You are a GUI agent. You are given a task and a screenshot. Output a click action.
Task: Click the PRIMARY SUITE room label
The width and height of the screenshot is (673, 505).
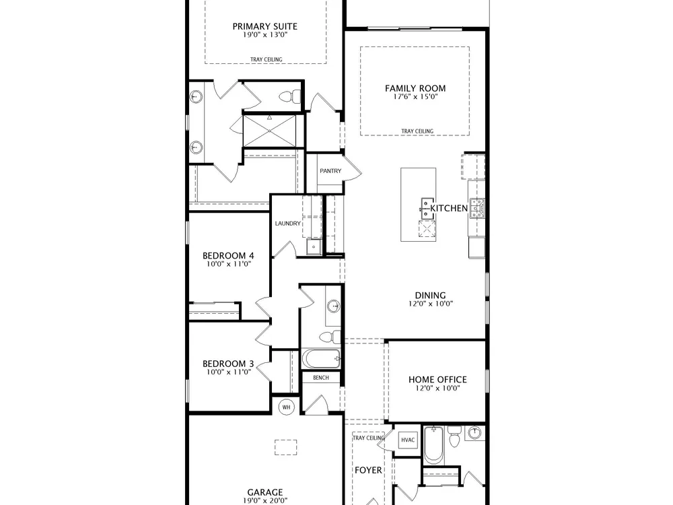(x=264, y=26)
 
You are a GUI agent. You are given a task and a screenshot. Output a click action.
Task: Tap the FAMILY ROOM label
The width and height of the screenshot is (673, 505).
(x=415, y=88)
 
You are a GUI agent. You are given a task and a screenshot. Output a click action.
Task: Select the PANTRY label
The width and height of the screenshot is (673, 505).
(x=330, y=171)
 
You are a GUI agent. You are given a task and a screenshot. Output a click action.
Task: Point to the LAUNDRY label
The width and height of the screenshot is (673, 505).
(x=287, y=224)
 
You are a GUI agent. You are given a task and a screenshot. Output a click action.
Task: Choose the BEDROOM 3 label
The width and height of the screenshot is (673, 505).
(x=228, y=364)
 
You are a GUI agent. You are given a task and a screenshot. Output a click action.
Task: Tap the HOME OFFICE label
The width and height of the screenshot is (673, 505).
(x=437, y=380)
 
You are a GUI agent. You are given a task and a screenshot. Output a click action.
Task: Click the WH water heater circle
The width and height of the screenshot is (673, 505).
(x=286, y=407)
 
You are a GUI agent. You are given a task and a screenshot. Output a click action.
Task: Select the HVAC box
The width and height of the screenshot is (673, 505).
(x=408, y=440)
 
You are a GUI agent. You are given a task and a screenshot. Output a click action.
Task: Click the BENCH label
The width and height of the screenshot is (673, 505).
(x=321, y=378)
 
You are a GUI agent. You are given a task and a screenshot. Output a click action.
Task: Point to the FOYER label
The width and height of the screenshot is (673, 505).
(x=368, y=471)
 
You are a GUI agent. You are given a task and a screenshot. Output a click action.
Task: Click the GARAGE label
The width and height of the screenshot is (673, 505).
(x=264, y=493)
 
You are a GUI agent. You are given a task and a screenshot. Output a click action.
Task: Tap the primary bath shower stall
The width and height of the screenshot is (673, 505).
(x=269, y=130)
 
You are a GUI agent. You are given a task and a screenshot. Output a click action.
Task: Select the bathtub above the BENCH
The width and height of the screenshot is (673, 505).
(x=322, y=359)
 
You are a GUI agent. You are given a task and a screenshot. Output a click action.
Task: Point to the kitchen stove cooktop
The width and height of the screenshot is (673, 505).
(x=477, y=208)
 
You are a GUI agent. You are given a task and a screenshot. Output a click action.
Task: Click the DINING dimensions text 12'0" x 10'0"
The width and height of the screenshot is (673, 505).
(x=431, y=304)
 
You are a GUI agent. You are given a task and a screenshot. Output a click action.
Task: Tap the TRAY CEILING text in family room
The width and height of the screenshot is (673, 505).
(x=417, y=131)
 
